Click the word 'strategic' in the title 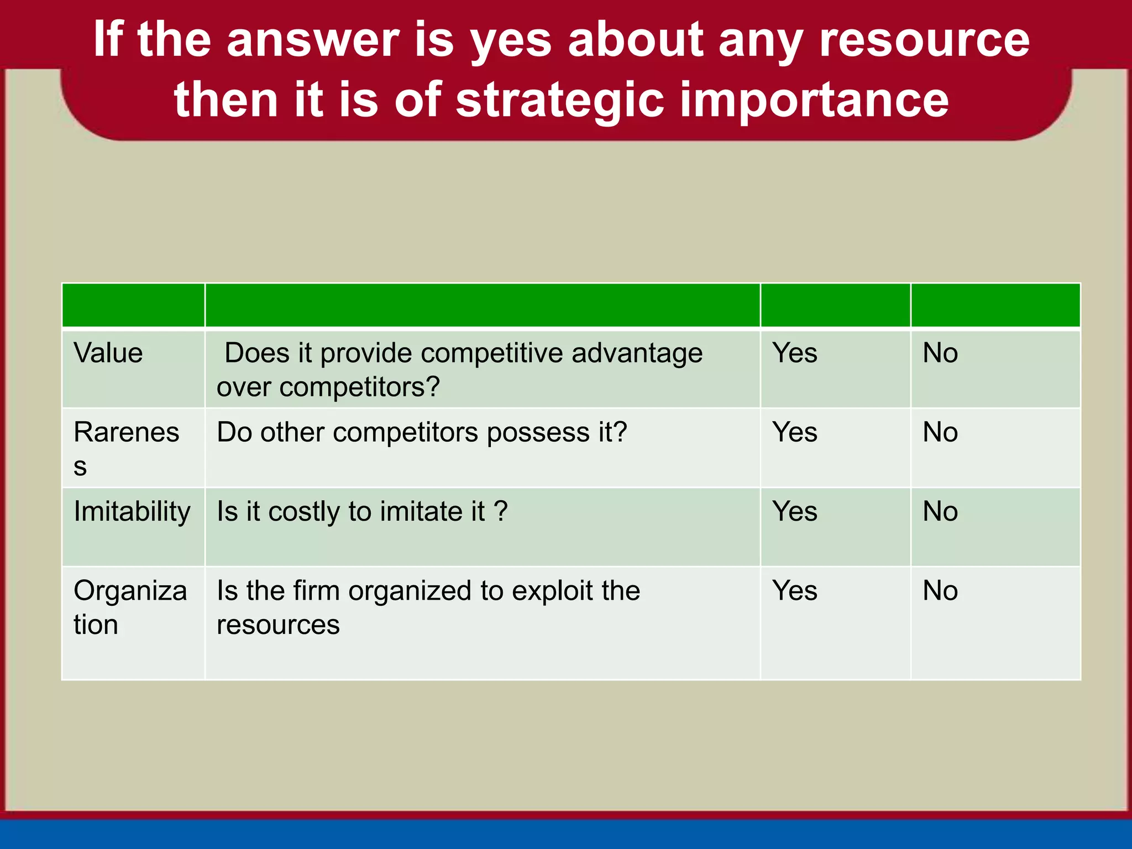click(559, 101)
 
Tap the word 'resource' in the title click(924, 40)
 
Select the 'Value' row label click(108, 353)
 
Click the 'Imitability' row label click(132, 512)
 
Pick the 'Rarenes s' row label click(126, 448)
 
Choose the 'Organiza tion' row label click(130, 607)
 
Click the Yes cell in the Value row click(794, 353)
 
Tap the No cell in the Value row click(940, 353)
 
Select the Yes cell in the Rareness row click(794, 432)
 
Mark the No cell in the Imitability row click(940, 512)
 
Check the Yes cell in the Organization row click(794, 591)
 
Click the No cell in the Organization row click(940, 591)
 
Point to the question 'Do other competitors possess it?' click(422, 432)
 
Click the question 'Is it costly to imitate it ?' click(362, 512)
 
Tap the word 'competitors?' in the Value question click(359, 387)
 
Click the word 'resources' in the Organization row click(278, 625)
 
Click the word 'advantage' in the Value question click(637, 353)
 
